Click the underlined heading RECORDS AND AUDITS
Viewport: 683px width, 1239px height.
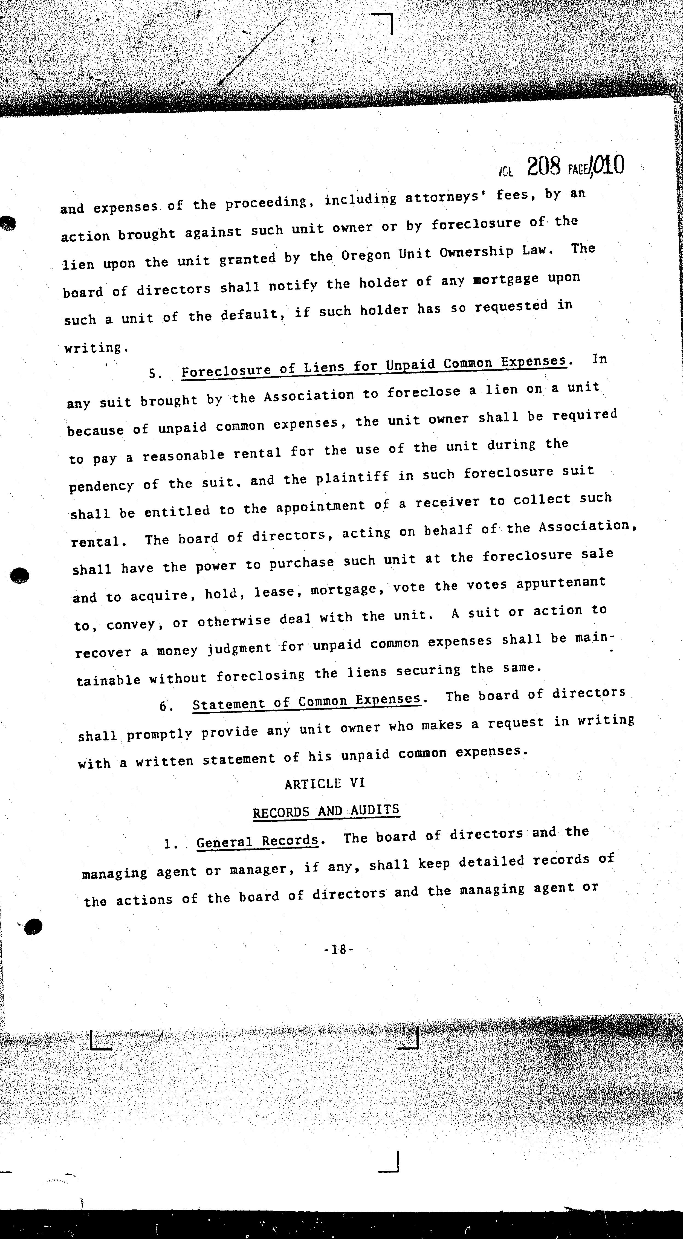(x=326, y=811)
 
